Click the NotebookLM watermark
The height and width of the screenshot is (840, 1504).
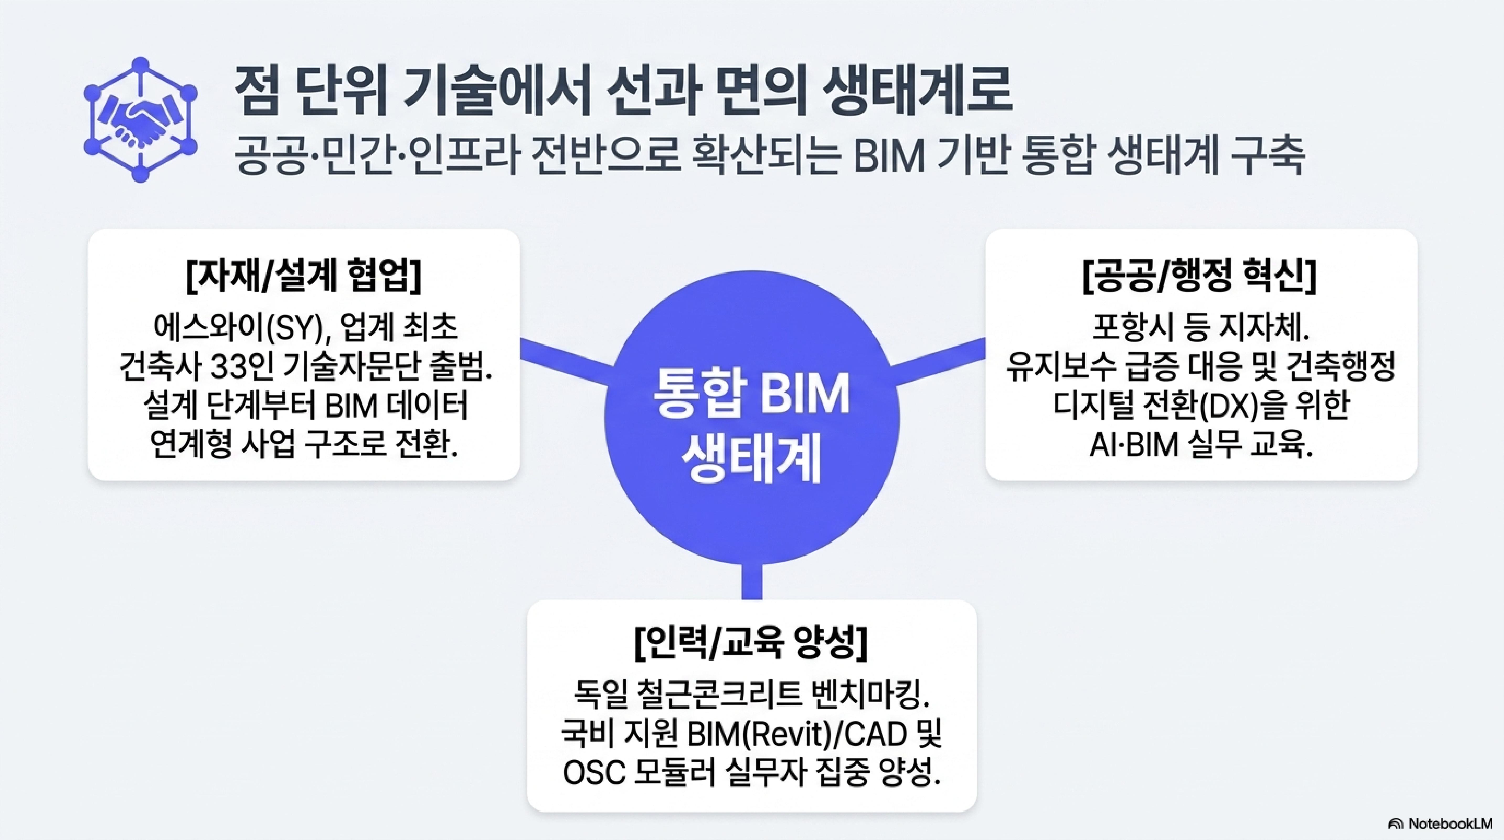point(1441,824)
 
